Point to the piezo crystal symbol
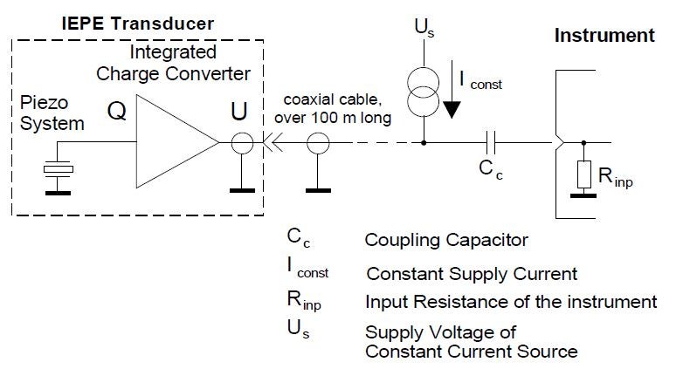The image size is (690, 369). [58, 169]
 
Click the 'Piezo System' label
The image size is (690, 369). [52, 113]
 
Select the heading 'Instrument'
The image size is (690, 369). [604, 37]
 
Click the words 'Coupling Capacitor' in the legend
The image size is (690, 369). [447, 239]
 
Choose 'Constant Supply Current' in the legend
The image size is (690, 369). [472, 274]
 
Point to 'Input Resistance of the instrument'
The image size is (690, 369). [511, 302]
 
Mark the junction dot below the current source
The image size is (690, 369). [424, 140]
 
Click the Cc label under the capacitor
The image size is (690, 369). [492, 169]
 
